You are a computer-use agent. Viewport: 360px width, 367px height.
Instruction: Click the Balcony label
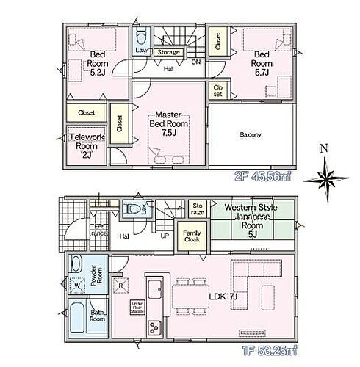[x=251, y=135]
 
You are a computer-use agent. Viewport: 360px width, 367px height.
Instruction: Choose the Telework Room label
[x=87, y=142]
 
